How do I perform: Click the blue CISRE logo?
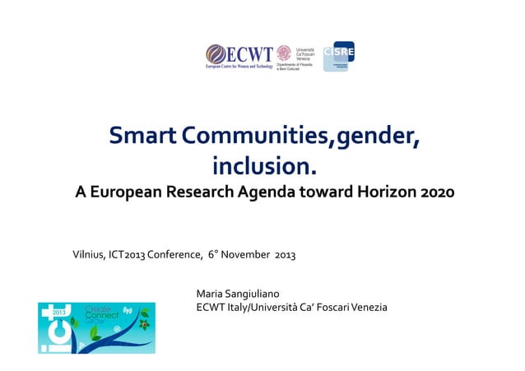click(338, 54)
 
